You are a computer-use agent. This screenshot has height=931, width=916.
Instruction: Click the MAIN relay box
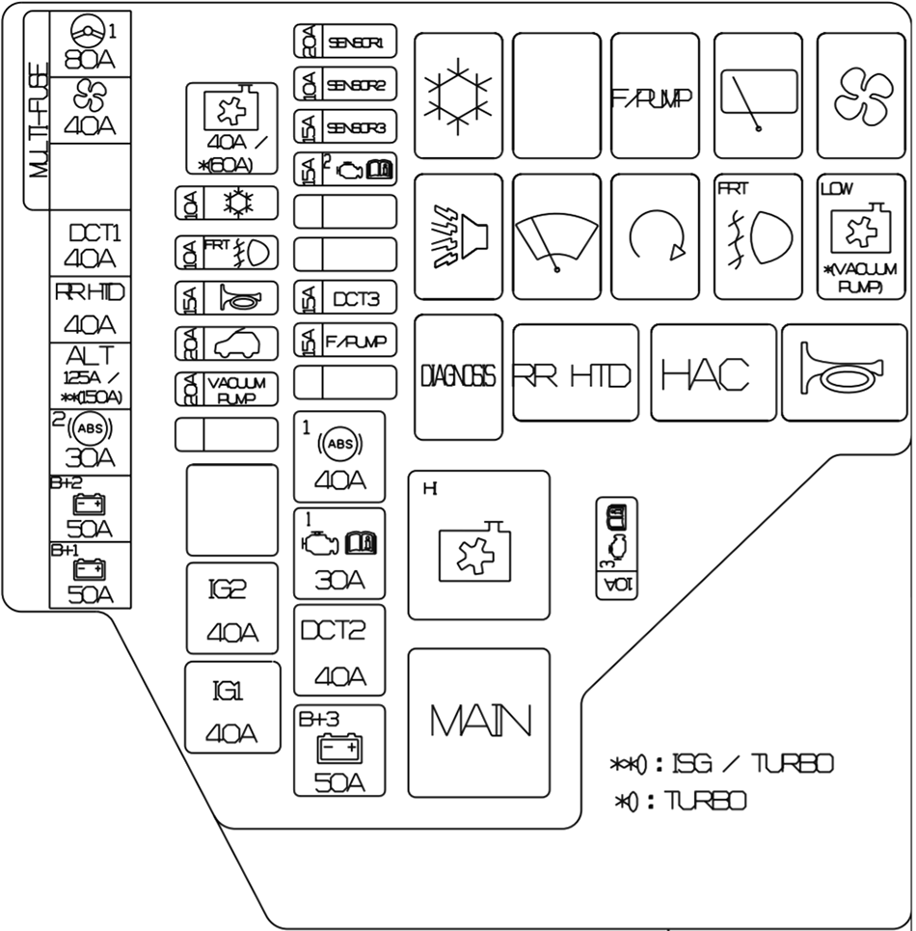[x=478, y=723]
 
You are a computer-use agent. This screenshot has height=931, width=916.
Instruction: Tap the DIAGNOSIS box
[x=458, y=376]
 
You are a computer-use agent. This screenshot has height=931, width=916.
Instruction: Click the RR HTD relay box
[x=576, y=373]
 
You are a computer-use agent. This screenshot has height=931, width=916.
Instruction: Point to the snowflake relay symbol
[x=458, y=96]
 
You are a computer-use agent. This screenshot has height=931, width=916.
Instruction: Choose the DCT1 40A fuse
[x=91, y=246]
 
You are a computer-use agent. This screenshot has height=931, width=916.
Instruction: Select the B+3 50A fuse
[x=339, y=751]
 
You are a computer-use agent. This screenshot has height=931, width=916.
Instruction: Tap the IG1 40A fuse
[x=232, y=707]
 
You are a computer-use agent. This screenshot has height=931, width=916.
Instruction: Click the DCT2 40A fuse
[x=339, y=651]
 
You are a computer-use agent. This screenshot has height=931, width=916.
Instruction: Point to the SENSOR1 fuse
[x=344, y=43]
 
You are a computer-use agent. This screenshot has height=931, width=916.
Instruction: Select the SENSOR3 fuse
[x=344, y=127]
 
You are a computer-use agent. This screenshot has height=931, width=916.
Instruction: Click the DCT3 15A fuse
[x=344, y=298]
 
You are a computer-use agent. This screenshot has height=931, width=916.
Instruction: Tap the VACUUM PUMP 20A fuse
[x=227, y=389]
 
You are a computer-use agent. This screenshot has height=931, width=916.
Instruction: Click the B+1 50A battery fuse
[x=91, y=576]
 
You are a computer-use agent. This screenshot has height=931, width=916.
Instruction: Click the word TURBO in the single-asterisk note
[x=708, y=801]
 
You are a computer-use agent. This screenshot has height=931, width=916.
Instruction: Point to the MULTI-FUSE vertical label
[x=40, y=111]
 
